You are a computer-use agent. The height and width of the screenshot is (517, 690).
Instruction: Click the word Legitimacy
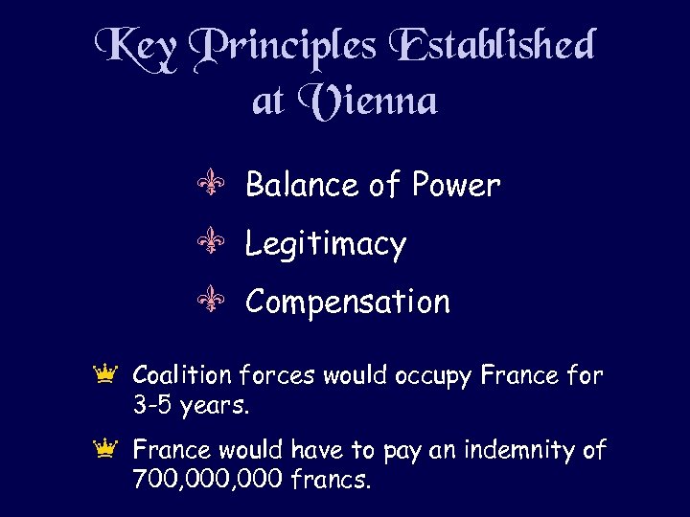pos(326,245)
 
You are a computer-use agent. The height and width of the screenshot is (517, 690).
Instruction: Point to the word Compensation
pos(347,303)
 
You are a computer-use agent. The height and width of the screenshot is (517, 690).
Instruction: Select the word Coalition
pos(181,375)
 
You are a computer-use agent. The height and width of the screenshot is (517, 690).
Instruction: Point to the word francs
pos(328,479)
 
